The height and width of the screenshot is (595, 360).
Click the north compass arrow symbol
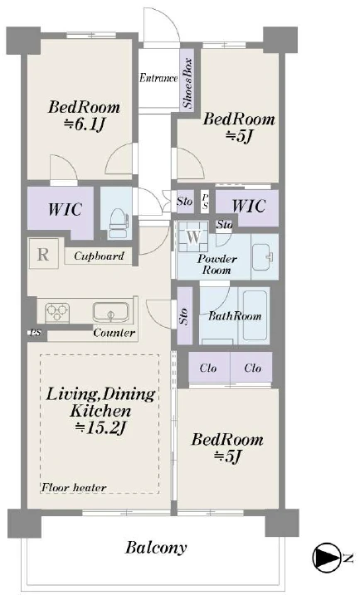coord(327,557)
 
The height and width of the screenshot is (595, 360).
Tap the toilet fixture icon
coord(119,225)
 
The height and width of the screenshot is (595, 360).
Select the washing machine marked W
coord(193,237)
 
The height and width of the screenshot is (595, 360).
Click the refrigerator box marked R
coord(43,254)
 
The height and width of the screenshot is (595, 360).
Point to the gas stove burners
coord(57,313)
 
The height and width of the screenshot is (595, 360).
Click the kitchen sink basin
coord(111,312)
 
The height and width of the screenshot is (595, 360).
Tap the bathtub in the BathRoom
coord(255,315)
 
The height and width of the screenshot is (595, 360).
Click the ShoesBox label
coord(187,84)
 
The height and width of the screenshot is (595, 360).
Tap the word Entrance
coord(158,78)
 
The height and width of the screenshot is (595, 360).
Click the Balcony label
coord(156,548)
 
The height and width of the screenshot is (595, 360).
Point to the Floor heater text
coord(74,487)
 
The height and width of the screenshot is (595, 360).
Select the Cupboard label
coord(99,256)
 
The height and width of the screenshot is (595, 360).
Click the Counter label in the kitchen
coord(114,333)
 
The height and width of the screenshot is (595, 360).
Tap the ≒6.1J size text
coord(84,124)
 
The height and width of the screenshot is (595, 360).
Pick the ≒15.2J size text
coord(100,427)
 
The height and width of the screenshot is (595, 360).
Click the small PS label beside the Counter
coord(36,333)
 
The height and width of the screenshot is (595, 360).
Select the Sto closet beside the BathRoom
coord(185,315)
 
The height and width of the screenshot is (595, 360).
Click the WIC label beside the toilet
coord(65,209)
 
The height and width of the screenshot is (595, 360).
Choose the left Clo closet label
coord(208,368)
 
